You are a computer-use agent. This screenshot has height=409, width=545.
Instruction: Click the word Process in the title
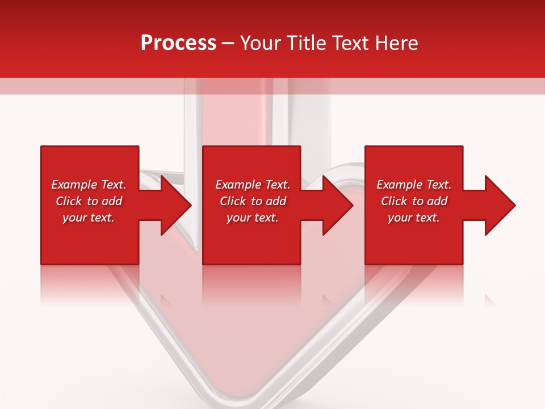[x=178, y=43]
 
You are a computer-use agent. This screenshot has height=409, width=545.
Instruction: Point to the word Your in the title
[x=262, y=43]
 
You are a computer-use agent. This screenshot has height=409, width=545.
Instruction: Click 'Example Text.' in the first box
[x=89, y=185]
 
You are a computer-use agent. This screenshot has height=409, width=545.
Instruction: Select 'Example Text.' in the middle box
[x=253, y=185]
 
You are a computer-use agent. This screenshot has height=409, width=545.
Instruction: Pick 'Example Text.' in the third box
[x=414, y=185]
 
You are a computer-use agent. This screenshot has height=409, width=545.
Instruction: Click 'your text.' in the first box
[x=89, y=218]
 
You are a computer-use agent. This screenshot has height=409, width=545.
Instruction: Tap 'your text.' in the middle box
[x=253, y=218]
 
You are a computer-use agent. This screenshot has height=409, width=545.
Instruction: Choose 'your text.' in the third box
[x=414, y=218]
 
